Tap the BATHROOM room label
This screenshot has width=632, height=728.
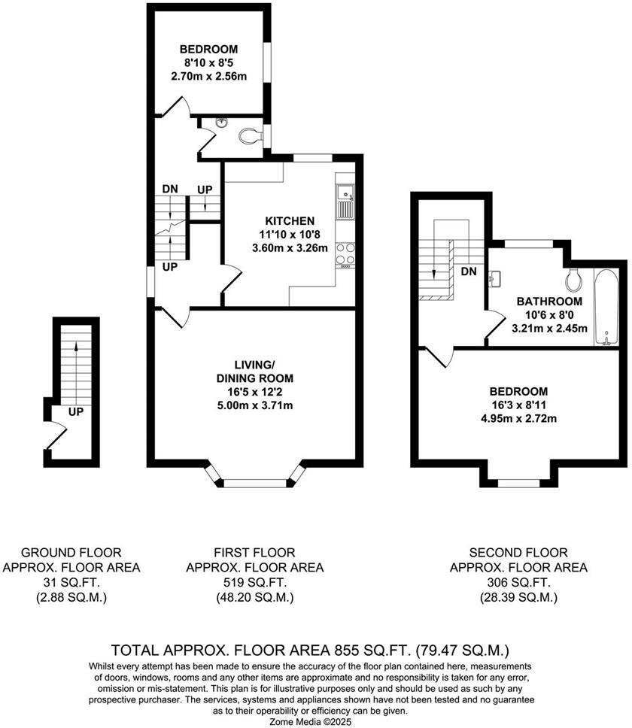click(x=549, y=301)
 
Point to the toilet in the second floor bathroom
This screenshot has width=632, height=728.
click(x=576, y=278)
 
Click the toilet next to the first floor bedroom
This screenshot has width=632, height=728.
click(x=248, y=136)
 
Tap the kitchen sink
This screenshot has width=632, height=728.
click(x=345, y=202)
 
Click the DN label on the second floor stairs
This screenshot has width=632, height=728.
click(x=468, y=271)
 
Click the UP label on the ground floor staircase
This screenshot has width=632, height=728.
click(x=75, y=412)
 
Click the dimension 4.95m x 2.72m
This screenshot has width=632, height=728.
click(x=518, y=419)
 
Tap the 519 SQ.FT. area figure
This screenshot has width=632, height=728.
click(x=254, y=583)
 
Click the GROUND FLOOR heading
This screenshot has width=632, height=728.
click(x=71, y=553)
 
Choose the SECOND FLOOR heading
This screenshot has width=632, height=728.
click(x=518, y=553)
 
